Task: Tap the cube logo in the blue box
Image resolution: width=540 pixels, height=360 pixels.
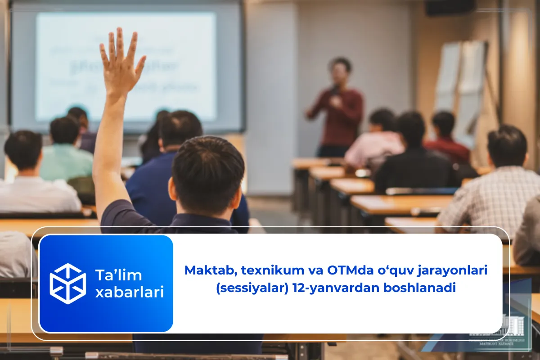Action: (67, 283)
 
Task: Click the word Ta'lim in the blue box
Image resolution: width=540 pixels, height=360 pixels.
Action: (118, 274)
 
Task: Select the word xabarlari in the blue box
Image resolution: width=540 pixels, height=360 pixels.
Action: (129, 293)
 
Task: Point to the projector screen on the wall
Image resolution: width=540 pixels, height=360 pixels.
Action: (126, 67)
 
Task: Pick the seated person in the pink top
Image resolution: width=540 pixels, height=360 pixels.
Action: (376, 142)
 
